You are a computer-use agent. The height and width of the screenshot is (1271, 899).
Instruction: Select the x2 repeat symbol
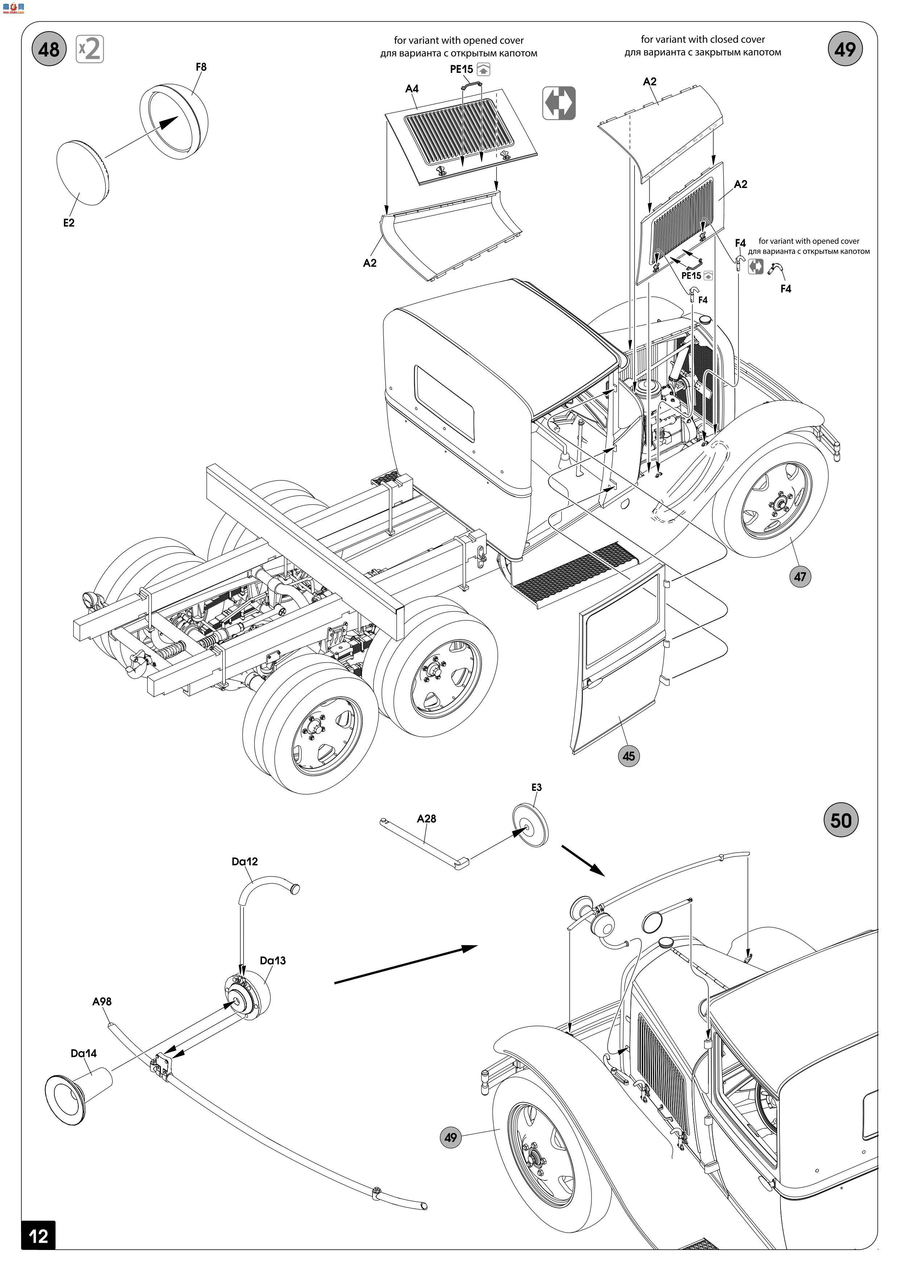90,49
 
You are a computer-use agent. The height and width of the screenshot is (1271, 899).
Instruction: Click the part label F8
201,67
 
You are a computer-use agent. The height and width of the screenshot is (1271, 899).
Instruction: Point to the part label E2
68,222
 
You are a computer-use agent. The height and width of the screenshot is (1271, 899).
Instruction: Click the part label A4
412,88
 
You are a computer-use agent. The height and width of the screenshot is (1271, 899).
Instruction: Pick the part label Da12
245,861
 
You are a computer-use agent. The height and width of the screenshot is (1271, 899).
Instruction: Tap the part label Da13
273,960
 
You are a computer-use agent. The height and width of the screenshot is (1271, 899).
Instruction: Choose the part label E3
536,787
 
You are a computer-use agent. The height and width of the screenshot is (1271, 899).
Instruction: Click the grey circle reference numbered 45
628,756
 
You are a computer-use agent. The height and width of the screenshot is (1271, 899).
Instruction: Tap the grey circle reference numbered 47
800,577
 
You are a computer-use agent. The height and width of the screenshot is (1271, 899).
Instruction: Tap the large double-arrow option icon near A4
559,103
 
